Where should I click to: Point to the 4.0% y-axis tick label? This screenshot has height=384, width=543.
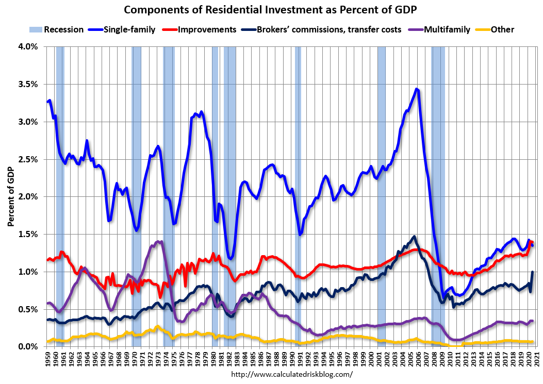click(28, 47)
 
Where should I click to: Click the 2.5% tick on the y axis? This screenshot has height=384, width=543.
click(28, 159)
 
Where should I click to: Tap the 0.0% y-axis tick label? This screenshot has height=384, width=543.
click(28, 347)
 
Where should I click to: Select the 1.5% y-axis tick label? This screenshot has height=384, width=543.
click(28, 235)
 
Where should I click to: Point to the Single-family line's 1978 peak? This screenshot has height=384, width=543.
click(201, 111)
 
